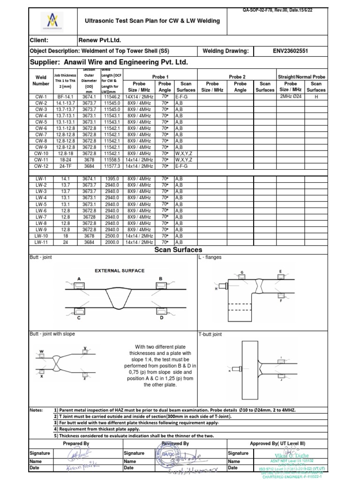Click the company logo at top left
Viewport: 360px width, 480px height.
pyautogui.click(x=50, y=21)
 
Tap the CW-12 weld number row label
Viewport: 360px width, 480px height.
pyautogui.click(x=41, y=166)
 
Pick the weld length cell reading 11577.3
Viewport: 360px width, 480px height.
pyautogui.click(x=112, y=166)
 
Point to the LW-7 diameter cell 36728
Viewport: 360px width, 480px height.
pyautogui.click(x=89, y=217)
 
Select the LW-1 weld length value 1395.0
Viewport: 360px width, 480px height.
pyautogui.click(x=112, y=179)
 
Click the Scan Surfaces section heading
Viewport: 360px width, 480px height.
pyautogui.click(x=178, y=250)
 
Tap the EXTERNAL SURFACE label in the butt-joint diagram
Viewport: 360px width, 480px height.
pyautogui.click(x=120, y=270)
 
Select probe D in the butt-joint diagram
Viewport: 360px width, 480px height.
pyautogui.click(x=161, y=310)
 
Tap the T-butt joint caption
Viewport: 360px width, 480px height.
pyautogui.click(x=210, y=335)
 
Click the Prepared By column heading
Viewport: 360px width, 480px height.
pyautogui.click(x=76, y=443)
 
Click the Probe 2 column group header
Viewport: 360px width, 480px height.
pyautogui.click(x=237, y=76)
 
